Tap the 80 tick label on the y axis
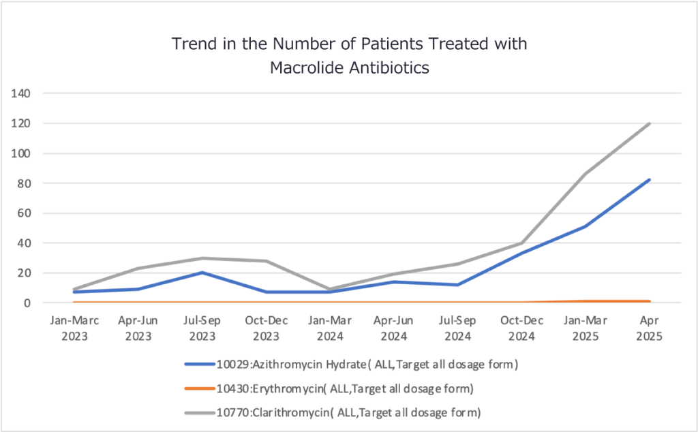click(26, 183)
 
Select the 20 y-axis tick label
click(26, 273)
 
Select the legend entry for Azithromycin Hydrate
click(351, 365)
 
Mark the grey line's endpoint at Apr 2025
click(650, 123)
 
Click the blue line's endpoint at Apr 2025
click(650, 180)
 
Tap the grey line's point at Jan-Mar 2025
click(586, 174)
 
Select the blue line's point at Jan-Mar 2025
click(586, 226)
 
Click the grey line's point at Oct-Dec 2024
click(521, 243)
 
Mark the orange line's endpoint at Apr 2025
click(650, 301)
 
